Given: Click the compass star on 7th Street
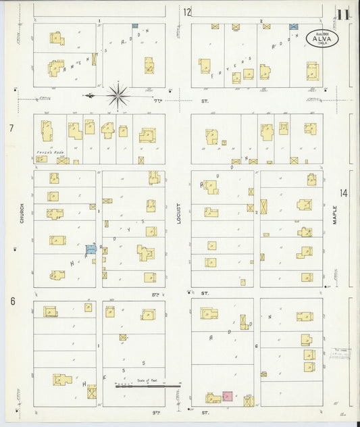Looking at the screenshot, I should click(x=118, y=96).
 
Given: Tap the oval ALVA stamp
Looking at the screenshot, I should click(x=317, y=37).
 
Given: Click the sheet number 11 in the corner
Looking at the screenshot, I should click(x=344, y=15).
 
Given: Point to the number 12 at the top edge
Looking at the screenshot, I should click(x=186, y=11).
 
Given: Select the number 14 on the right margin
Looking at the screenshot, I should click(x=344, y=194).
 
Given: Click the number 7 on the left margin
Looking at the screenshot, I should click(x=11, y=128).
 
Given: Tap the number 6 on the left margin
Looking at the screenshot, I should click(x=11, y=301).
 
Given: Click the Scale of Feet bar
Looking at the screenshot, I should click(x=147, y=386).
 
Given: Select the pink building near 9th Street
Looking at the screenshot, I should click(x=228, y=397).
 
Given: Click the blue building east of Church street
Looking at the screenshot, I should click(x=91, y=250).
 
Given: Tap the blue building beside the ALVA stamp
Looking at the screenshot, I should click(x=293, y=27).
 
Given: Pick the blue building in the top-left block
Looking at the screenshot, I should click(x=134, y=26).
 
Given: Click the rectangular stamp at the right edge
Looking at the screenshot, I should click(x=342, y=354).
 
